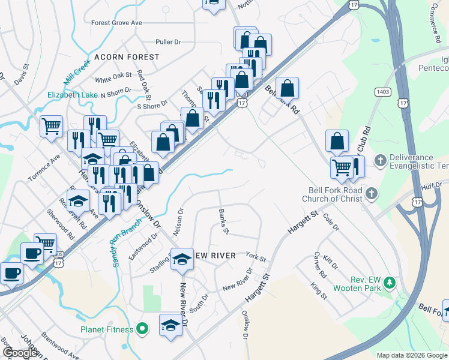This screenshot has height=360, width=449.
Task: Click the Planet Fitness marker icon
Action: (x=142, y=329)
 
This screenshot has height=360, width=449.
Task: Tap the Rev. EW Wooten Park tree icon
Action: (x=390, y=282)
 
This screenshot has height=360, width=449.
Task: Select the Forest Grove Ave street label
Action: (x=116, y=23)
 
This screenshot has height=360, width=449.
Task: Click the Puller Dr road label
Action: (x=167, y=42)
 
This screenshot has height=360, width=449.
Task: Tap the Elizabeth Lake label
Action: (x=73, y=95)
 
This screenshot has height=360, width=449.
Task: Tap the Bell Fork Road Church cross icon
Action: (x=372, y=193)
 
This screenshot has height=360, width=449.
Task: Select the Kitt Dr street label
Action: (x=330, y=262)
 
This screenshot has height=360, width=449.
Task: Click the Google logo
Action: (x=20, y=352)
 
